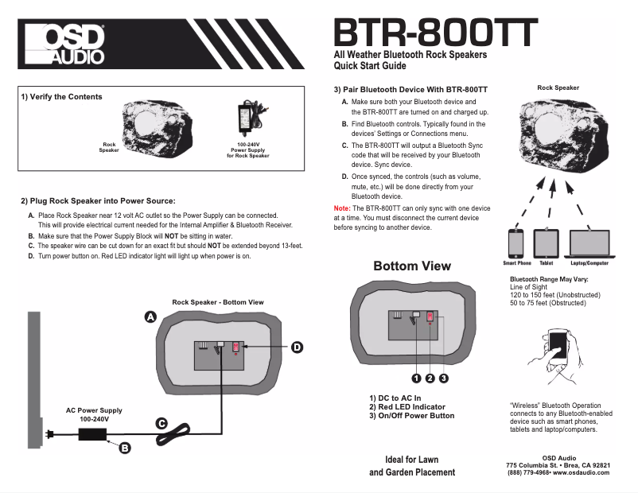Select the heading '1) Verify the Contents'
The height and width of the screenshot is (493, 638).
61,97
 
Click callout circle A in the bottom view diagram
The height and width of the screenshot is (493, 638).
149,317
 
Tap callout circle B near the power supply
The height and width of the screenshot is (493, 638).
124,448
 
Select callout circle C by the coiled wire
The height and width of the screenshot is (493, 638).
161,424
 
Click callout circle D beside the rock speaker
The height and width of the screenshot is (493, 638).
296,347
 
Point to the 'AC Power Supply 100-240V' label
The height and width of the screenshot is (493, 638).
94,414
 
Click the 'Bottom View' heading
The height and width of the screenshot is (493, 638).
412,266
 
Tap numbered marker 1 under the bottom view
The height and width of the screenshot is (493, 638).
415,378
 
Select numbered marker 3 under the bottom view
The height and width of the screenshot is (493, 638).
444,378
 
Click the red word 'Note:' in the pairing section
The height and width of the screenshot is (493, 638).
341,208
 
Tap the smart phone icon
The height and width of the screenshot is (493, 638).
516,242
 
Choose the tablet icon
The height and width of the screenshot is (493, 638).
546,242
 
